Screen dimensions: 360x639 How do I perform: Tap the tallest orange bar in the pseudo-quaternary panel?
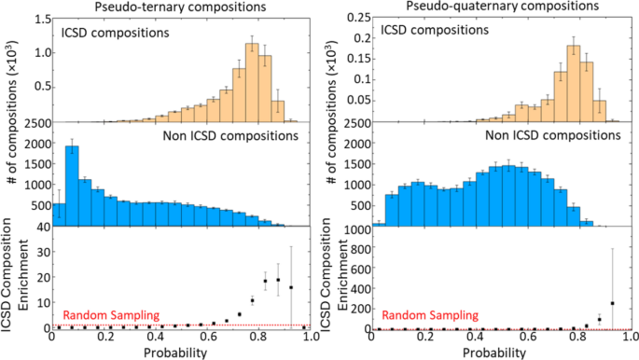pos(574,83)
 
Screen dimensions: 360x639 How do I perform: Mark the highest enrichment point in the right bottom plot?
pos(613,303)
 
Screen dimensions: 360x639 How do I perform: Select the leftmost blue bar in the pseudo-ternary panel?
pos(59,215)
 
